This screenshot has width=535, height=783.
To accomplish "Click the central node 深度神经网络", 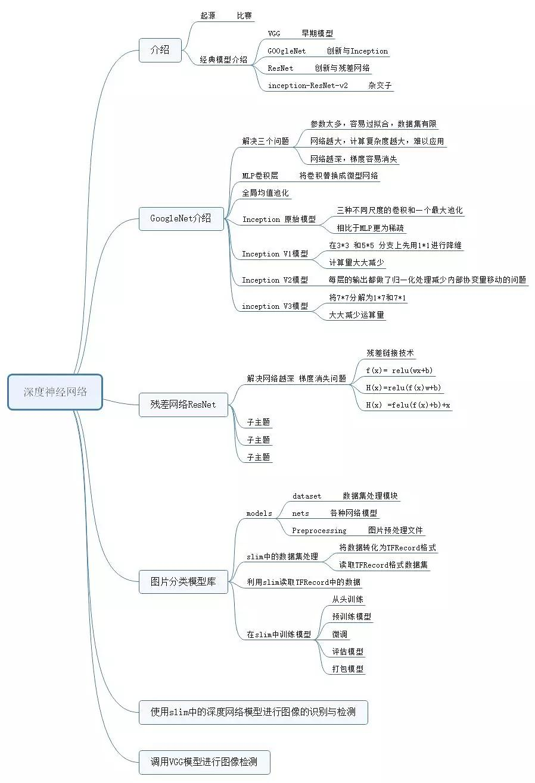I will click(x=55, y=392).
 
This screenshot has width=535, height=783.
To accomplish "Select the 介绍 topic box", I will click(x=160, y=50).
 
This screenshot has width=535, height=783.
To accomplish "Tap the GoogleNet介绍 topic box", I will click(x=181, y=218).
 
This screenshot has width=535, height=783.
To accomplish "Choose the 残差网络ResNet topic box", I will click(x=183, y=405).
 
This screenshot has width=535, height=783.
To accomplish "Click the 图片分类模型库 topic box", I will click(x=183, y=581).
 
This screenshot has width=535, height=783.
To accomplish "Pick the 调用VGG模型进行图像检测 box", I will click(x=204, y=762).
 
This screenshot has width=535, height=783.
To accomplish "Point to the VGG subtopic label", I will click(x=274, y=34).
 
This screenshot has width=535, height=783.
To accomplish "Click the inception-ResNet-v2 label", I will click(x=307, y=86).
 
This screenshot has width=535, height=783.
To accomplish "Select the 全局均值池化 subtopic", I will click(x=265, y=193).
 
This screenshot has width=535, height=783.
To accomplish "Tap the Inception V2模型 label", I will click(x=275, y=280).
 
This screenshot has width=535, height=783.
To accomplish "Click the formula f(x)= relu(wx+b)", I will click(x=399, y=371).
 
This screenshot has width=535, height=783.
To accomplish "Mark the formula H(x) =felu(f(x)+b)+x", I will click(x=408, y=405).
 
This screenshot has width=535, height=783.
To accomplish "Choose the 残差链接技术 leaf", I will click(x=390, y=353).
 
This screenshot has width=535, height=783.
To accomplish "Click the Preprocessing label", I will click(x=319, y=531).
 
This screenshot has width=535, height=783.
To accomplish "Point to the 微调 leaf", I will click(x=340, y=634).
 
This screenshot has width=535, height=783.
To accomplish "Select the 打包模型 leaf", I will click(x=348, y=669).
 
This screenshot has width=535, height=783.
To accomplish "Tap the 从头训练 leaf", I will click(x=348, y=599).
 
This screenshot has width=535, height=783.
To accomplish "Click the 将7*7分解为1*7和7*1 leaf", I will click(x=368, y=297).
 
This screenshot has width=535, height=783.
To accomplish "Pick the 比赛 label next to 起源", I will click(x=244, y=16).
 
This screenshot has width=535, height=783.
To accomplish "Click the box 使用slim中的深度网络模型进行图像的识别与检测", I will click(x=253, y=712).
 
